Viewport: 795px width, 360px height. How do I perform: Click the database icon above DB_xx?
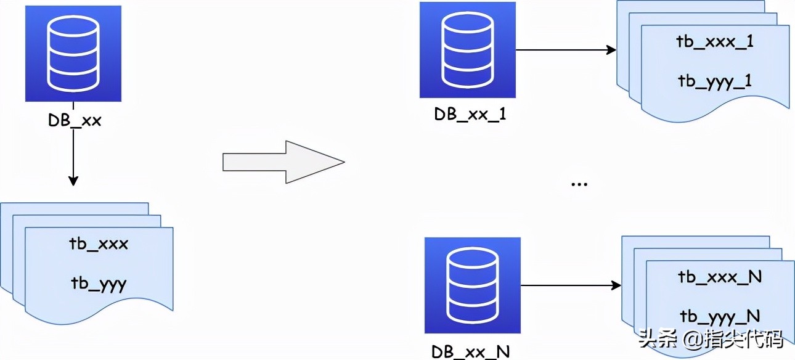coord(73,54)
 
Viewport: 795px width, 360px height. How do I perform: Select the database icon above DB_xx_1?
coord(467,50)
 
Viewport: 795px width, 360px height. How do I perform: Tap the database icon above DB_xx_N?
coord(473,285)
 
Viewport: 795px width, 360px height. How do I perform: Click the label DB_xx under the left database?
coord(75,121)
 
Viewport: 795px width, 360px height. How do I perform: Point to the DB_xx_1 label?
coord(470,115)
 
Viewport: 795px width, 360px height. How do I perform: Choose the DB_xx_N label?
coord(471,351)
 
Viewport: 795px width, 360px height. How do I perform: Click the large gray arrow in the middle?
coord(283,162)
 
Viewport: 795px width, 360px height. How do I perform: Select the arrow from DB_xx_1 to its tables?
coord(565,50)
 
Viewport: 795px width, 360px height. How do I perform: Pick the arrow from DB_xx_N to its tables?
coord(570,285)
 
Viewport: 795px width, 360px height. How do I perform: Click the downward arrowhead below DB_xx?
coord(73,180)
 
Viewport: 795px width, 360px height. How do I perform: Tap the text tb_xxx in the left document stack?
coord(99,244)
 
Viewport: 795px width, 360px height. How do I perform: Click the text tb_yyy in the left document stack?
coord(99,284)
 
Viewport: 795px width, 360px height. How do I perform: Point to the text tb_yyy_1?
coord(715,81)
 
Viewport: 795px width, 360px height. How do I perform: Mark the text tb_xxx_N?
coord(720,277)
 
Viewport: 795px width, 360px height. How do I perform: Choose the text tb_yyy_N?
coord(720,316)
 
